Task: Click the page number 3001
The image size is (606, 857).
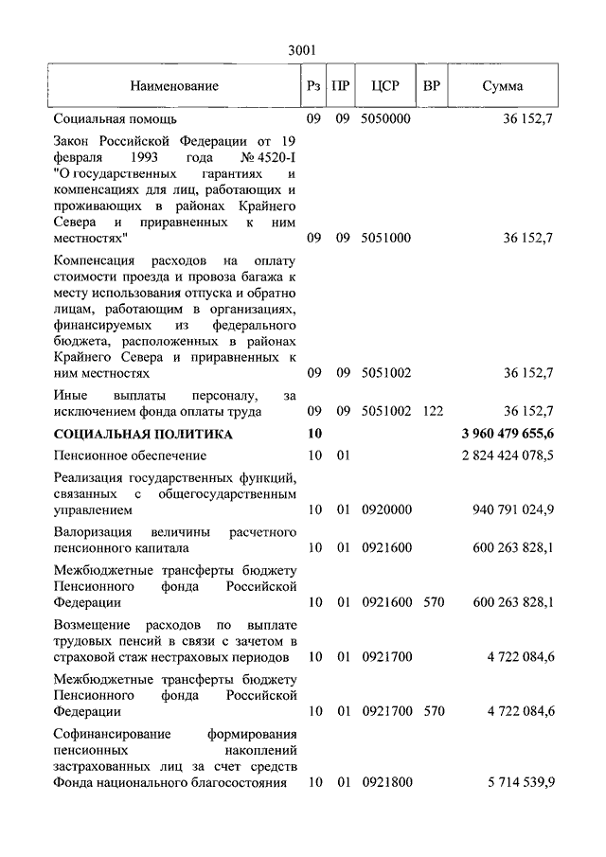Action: (302, 50)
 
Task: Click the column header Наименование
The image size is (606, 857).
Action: (174, 86)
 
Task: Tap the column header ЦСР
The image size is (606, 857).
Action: (385, 86)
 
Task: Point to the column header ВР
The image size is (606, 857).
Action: (432, 86)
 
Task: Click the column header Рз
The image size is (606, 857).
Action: (314, 86)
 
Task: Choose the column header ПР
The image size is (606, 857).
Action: (343, 86)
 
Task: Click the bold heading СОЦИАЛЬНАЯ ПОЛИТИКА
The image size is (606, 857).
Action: (143, 434)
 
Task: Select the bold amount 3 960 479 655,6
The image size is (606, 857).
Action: (508, 434)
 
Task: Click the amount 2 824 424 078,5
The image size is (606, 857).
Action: (508, 456)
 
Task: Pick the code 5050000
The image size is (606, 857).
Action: (385, 120)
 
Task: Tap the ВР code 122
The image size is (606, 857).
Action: (432, 411)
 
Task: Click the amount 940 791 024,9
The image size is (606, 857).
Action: (512, 509)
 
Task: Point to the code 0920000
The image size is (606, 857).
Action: (385, 509)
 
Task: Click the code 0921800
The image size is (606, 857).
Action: (385, 782)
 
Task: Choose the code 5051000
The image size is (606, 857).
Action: (385, 238)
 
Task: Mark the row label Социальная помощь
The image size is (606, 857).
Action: (115, 120)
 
